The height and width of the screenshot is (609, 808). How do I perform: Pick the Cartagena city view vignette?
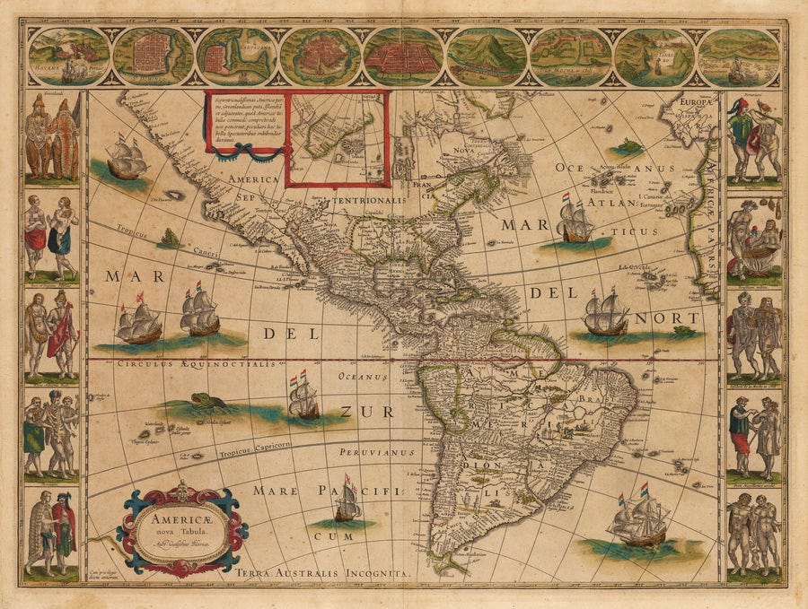coord(236,56)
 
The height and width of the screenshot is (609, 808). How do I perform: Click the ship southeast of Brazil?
coord(639,520)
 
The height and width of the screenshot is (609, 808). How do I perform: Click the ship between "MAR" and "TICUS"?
coord(574,219)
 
